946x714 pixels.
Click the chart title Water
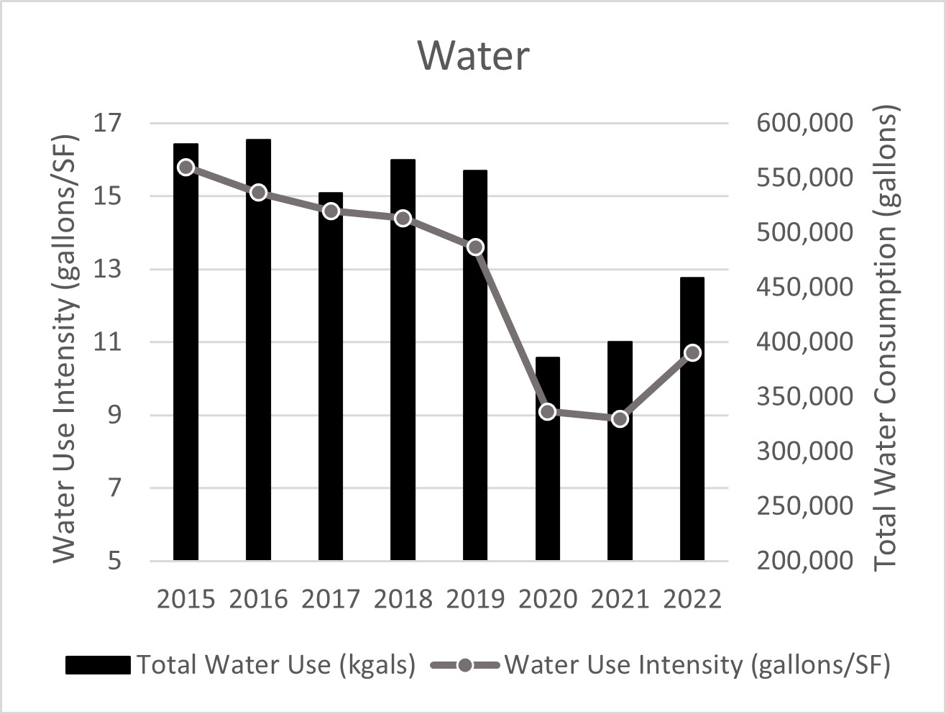point(474,55)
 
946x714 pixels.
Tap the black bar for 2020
point(547,460)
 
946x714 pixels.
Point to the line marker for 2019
point(475,247)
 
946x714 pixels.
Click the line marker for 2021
point(620,418)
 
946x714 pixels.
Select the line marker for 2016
point(258,193)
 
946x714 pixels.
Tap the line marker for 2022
point(692,352)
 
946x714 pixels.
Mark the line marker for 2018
point(403,219)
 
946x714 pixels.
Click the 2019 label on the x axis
point(475,599)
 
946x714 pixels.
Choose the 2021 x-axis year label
point(620,599)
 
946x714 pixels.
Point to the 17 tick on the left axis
point(109,123)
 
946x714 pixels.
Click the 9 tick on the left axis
point(115,415)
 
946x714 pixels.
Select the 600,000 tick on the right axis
point(804,123)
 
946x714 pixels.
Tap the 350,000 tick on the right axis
point(804,396)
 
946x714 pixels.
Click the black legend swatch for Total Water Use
point(98,665)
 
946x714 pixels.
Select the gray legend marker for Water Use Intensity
point(464,665)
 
